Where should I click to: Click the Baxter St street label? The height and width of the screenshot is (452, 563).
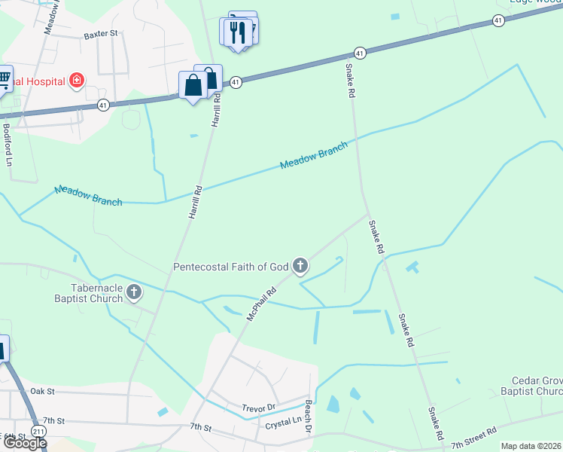tap(102, 34)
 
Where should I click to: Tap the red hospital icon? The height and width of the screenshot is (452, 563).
tap(76, 80)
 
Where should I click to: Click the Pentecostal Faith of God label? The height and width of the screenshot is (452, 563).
tap(231, 266)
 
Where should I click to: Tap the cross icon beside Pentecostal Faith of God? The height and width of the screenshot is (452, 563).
tap(300, 265)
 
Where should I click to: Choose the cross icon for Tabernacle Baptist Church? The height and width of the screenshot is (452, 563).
tap(134, 292)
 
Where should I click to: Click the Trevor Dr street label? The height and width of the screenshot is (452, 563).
tap(259, 408)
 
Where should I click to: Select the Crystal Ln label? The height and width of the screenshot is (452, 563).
tap(283, 426)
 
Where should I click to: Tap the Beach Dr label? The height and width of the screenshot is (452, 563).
tap(309, 416)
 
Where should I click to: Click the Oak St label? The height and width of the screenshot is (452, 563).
tap(43, 392)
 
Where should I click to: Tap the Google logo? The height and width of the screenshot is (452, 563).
tap(24, 443)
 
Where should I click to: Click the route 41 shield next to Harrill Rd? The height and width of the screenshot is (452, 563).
tap(236, 81)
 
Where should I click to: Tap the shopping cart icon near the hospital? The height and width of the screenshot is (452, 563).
tap(4, 78)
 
